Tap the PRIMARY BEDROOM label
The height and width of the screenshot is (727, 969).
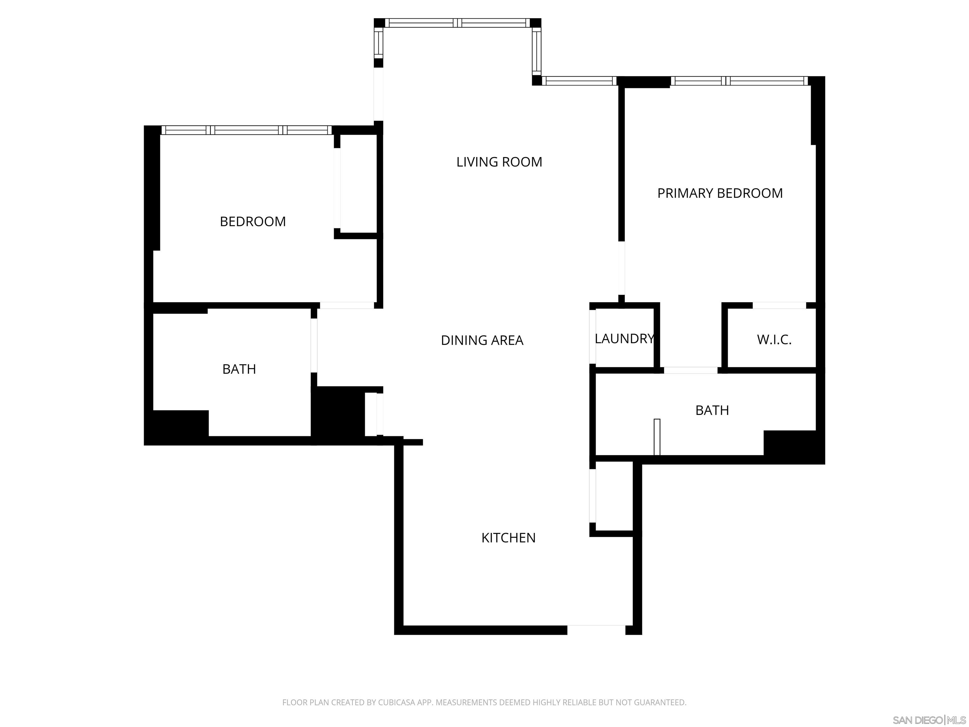pos(720,193)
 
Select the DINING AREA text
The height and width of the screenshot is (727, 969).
pos(482,340)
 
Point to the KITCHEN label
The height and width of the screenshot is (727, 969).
pos(508,538)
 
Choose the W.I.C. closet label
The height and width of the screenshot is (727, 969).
pos(774,340)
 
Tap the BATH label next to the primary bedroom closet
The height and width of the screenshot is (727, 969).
pos(712,410)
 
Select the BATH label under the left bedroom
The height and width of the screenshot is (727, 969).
pos(239,369)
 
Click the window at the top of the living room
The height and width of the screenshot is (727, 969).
pos(457,23)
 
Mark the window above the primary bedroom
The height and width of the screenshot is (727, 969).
pos(739,81)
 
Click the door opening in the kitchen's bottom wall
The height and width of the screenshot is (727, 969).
pos(596,630)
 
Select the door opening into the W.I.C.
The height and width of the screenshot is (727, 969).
pos(779,305)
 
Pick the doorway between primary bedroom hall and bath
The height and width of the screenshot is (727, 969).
pos(690,370)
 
